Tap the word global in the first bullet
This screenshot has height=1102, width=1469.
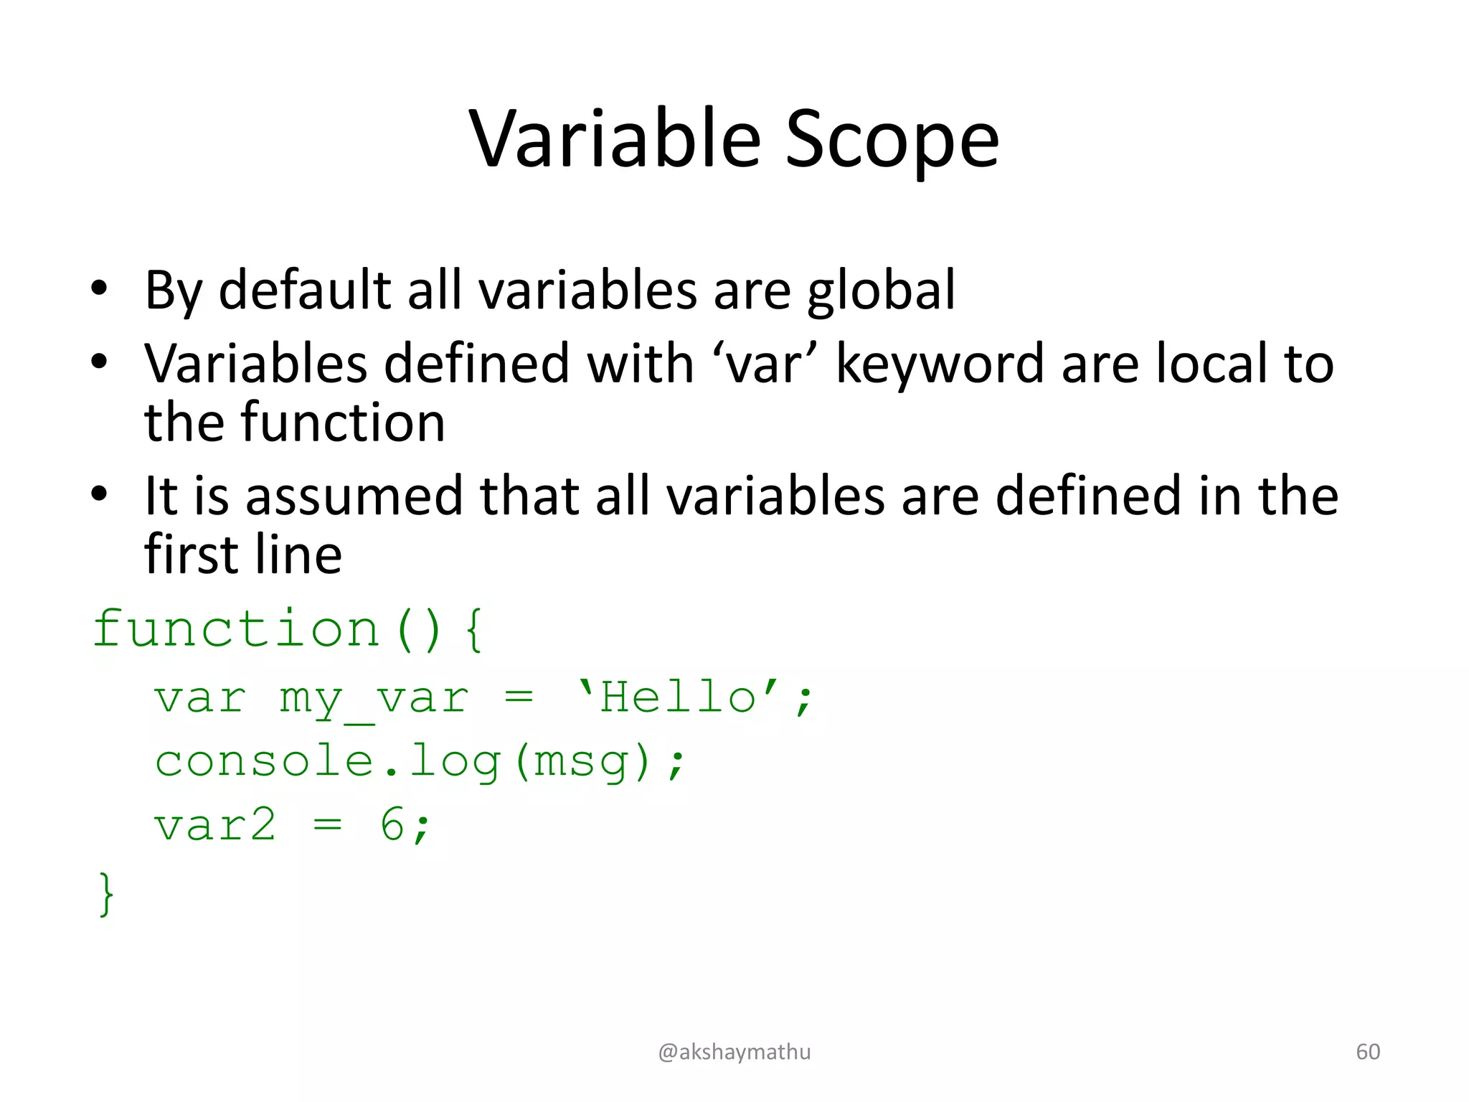881,291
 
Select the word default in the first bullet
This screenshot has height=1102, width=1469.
303,290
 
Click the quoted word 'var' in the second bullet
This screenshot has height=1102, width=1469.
765,364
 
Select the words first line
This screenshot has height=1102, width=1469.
243,555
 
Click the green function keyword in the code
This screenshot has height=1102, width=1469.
236,628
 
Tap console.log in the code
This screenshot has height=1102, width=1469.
328,760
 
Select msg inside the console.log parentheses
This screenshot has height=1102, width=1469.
582,762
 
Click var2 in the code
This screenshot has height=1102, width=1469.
215,825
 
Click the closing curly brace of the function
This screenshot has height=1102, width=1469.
106,893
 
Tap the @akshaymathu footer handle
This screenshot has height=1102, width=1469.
734,1052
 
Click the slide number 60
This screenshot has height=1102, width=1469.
1368,1052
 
